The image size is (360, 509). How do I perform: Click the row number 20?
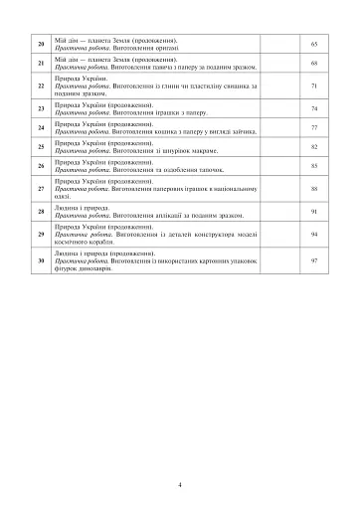point(42,46)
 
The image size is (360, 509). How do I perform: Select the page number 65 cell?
point(313,46)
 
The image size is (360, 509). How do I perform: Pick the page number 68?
point(313,64)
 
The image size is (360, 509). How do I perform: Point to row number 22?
point(42,85)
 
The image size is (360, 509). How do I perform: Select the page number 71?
point(313,85)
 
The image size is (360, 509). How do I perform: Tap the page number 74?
point(313,107)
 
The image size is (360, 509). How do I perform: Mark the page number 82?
point(313,145)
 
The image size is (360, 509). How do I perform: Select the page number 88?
point(313,187)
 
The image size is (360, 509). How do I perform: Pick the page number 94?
point(313,234)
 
